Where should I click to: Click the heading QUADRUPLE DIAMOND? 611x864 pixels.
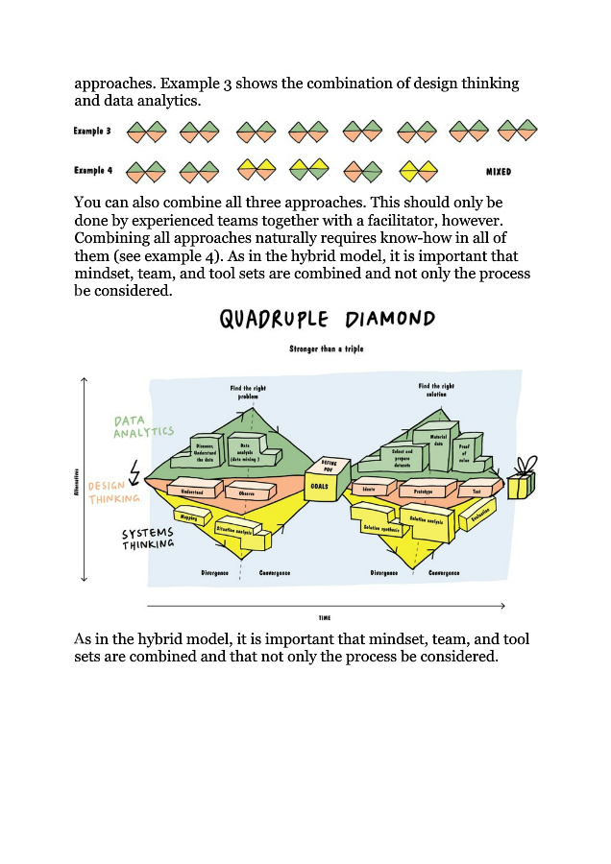327,320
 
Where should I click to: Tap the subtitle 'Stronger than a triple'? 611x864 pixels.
327,348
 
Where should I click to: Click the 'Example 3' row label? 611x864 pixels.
93,131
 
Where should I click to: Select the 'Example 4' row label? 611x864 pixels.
93,171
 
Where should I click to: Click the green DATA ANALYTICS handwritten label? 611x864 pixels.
143,426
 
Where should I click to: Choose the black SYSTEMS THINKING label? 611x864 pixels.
148,539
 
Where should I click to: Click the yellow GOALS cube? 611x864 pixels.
321,485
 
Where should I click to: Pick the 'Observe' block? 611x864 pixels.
247,492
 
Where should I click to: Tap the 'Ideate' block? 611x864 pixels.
371,489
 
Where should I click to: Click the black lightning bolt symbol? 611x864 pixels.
134,472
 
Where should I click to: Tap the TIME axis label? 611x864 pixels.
325,618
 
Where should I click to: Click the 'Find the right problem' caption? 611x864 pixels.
248,392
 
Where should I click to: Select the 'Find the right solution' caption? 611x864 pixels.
435,390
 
